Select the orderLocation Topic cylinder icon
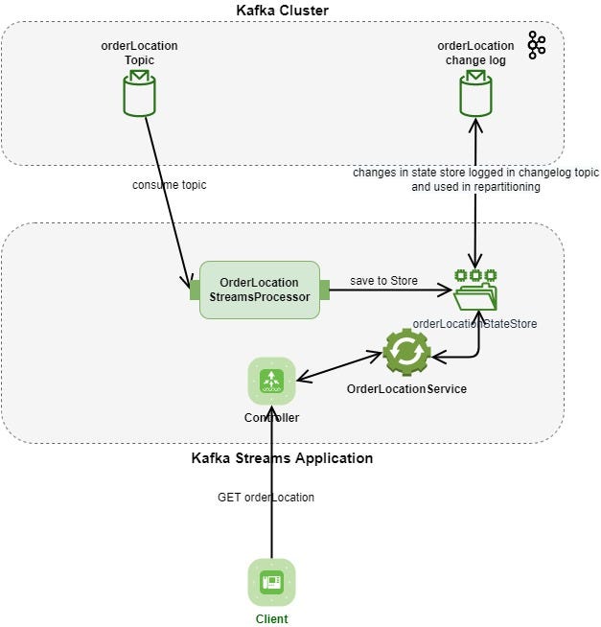pyautogui.click(x=139, y=94)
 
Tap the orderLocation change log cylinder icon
pyautogui.click(x=474, y=94)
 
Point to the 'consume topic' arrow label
pyautogui.click(x=169, y=184)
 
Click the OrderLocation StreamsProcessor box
pyautogui.click(x=259, y=290)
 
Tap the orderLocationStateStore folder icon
pyautogui.click(x=474, y=290)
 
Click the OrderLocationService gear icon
pyautogui.click(x=406, y=353)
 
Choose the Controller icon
pyautogui.click(x=271, y=381)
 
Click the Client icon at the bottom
pyautogui.click(x=271, y=582)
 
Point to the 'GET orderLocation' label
pyautogui.click(x=265, y=497)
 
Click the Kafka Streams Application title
pyautogui.click(x=282, y=458)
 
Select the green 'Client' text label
pyautogui.click(x=271, y=618)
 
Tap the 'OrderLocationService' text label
pyautogui.click(x=406, y=389)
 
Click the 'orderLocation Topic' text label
pyautogui.click(x=139, y=53)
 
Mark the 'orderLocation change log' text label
pyautogui.click(x=474, y=53)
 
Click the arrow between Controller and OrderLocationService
pyautogui.click(x=339, y=366)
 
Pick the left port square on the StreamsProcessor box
pyautogui.click(x=194, y=290)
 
